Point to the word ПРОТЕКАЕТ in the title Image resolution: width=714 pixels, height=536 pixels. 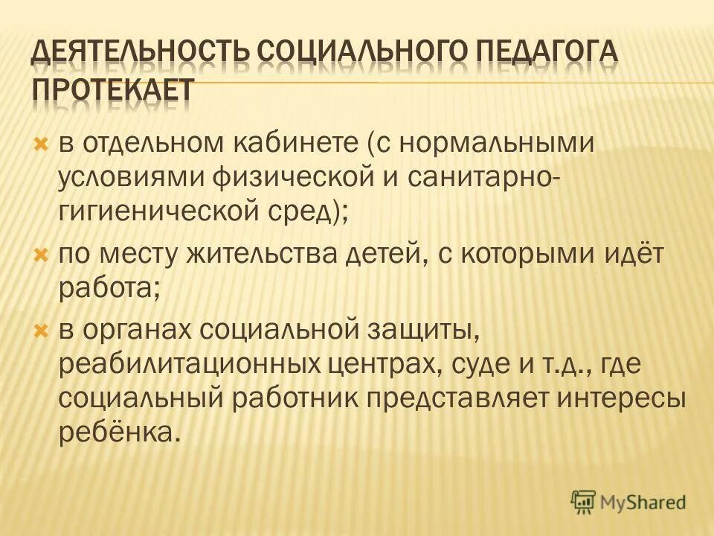click(x=111, y=89)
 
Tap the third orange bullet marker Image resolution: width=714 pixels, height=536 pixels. click(x=42, y=328)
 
